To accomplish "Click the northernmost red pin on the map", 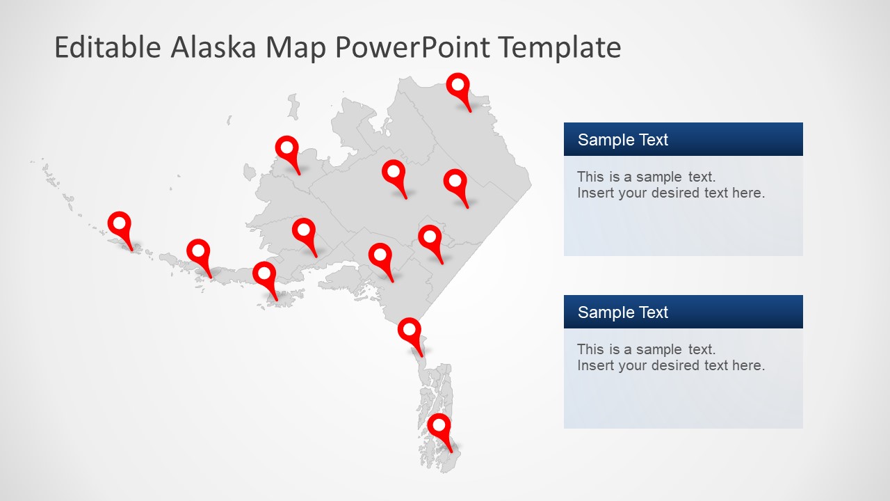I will pos(458,87).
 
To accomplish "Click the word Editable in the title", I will pos(107,47).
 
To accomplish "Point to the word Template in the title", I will pos(560,47).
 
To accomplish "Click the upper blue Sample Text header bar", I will pos(683,139).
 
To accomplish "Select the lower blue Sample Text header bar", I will pos(683,312).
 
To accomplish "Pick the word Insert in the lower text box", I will pos(595,365).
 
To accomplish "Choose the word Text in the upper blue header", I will pos(654,140).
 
